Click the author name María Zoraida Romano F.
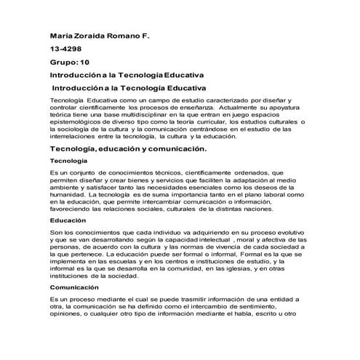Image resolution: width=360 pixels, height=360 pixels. pos(98,35)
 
